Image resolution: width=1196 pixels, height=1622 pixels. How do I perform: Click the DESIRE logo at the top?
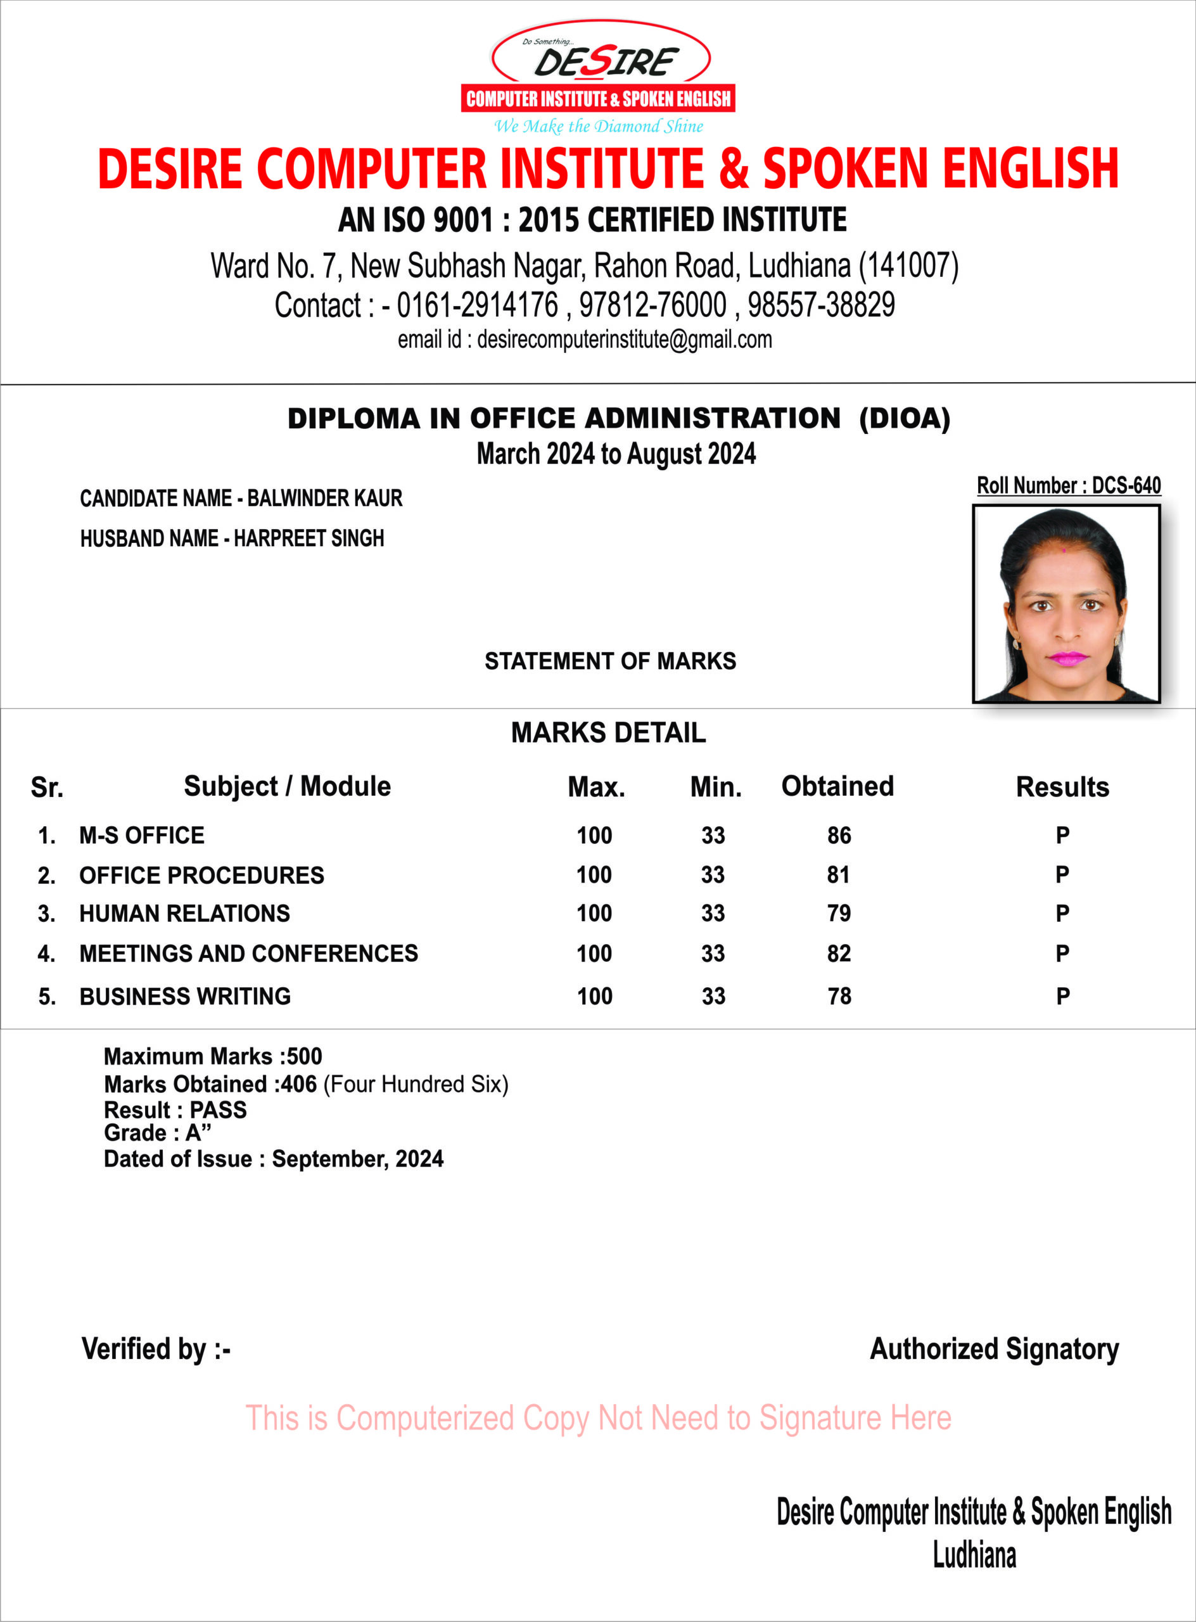tap(599, 72)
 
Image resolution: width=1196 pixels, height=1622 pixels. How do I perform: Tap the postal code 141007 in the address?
tap(908, 265)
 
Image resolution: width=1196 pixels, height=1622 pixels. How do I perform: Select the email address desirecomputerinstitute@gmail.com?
tap(624, 340)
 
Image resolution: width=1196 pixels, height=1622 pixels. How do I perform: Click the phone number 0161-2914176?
tap(478, 305)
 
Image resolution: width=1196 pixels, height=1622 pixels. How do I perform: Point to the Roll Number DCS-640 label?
tap(1069, 485)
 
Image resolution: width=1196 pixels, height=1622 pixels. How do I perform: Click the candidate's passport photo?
tap(1066, 604)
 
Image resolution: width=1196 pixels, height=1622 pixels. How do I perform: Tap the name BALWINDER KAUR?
tap(324, 498)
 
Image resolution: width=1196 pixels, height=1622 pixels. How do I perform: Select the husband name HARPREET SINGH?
tap(309, 539)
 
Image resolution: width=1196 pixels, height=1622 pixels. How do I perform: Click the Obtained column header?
tap(837, 786)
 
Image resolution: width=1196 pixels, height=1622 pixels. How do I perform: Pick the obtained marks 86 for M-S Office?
tap(839, 836)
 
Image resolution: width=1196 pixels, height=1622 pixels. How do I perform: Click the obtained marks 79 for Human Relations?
tap(839, 914)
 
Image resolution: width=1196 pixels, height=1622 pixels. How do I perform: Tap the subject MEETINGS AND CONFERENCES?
tap(248, 954)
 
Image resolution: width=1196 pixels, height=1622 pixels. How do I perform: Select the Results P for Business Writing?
tap(1062, 997)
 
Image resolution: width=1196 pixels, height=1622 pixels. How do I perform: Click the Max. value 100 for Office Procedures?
tap(594, 876)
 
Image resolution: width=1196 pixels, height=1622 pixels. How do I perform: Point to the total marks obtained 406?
tap(299, 1085)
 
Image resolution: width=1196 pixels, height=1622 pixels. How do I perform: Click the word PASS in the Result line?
tap(218, 1110)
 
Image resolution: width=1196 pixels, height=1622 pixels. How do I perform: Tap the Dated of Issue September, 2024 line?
tap(274, 1159)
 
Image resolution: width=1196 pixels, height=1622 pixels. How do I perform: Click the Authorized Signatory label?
tap(994, 1349)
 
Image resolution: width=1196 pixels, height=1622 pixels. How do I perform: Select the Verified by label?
tap(156, 1349)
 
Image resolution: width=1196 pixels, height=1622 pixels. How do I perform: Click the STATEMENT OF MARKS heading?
tap(610, 661)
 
